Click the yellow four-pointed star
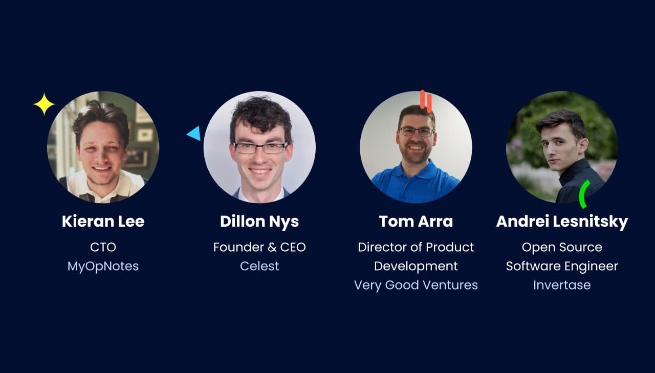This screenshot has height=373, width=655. coord(44,104)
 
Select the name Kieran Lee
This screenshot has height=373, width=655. coord(103,221)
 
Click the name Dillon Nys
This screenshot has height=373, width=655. coord(259,221)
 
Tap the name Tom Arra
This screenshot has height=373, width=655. coord(416,221)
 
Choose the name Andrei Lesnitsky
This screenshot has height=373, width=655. coord(562,221)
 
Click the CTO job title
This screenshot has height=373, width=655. coord(103,247)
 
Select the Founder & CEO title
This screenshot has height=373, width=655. coord(259,247)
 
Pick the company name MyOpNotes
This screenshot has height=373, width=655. coord(103,266)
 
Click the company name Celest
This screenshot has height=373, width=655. coord(259,266)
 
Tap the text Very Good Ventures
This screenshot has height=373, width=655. coord(416,286)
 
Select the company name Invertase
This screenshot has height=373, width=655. coord(562,286)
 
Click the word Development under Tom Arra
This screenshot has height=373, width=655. coord(416,266)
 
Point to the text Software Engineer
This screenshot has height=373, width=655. coord(562,266)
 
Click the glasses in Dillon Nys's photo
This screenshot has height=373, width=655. coord(261,148)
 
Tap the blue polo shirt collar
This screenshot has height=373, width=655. coord(417,172)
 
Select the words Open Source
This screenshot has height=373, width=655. coord(562,247)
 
